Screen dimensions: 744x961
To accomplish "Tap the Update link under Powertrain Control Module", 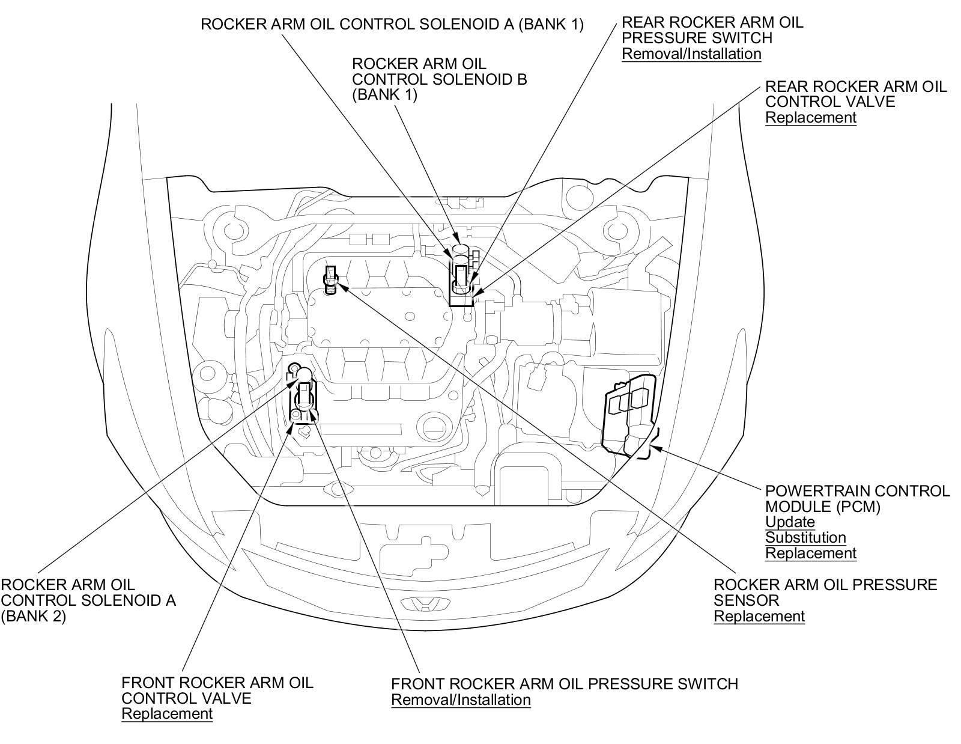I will tap(790, 522).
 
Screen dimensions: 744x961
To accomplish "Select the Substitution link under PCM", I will tap(805, 537).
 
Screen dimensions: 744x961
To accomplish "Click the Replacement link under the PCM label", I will tap(810, 553).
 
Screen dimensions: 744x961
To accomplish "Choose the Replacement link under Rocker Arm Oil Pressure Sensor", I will tap(759, 616).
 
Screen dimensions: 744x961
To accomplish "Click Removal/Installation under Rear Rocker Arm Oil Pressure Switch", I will tap(691, 53).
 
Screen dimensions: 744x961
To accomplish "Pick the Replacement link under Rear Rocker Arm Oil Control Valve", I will tap(810, 117).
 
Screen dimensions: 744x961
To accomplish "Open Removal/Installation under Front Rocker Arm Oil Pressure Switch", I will tap(461, 700).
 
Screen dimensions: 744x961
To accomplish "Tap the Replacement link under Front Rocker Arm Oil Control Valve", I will tap(167, 713).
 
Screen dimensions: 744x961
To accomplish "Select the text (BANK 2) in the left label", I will tap(33, 616).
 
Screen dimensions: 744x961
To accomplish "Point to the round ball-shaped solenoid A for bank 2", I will tap(305, 375).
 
